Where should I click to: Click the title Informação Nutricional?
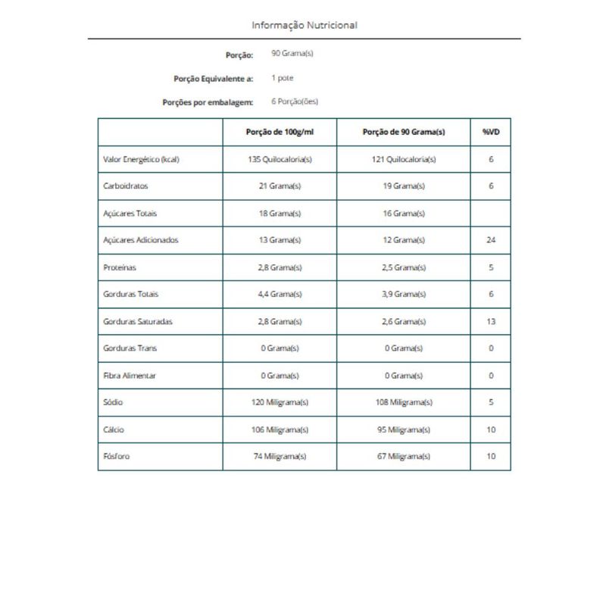(x=305, y=25)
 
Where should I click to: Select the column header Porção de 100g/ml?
(x=280, y=132)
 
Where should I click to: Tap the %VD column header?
(x=490, y=132)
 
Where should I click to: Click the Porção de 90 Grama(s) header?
(x=403, y=132)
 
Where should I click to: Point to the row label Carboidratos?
(x=124, y=186)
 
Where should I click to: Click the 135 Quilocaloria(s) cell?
(x=280, y=160)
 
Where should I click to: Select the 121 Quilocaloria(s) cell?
(x=403, y=160)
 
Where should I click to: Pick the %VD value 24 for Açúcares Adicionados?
(x=490, y=241)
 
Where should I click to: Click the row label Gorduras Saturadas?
(x=137, y=322)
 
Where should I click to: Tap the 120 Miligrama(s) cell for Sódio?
(x=280, y=403)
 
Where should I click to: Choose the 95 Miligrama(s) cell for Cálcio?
(x=403, y=430)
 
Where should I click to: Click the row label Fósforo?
(x=116, y=457)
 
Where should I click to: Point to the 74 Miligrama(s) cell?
(x=280, y=457)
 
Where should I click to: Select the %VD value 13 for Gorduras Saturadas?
(x=490, y=322)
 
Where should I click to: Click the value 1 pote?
(x=282, y=78)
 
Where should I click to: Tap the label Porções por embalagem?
(x=208, y=102)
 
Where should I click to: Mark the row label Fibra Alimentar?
(x=129, y=376)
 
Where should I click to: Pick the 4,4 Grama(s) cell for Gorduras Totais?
(x=280, y=295)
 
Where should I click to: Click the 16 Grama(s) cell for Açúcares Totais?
(x=403, y=214)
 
